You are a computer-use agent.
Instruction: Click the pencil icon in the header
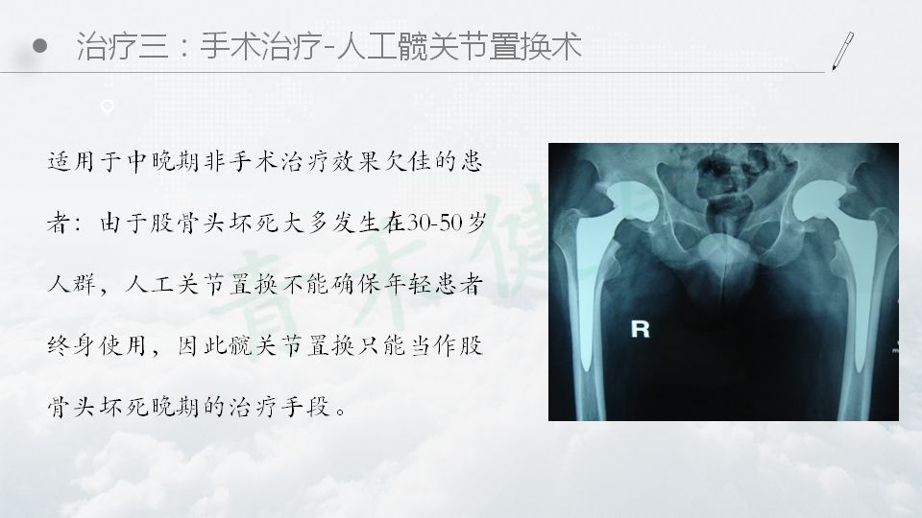click(842, 51)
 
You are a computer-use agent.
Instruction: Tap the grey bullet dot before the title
click(40, 46)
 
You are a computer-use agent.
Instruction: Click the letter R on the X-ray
click(640, 329)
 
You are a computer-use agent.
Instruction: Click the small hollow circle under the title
click(107, 106)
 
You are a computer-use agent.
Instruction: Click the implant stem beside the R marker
click(588, 294)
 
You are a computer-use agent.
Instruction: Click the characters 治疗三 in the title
click(123, 46)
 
